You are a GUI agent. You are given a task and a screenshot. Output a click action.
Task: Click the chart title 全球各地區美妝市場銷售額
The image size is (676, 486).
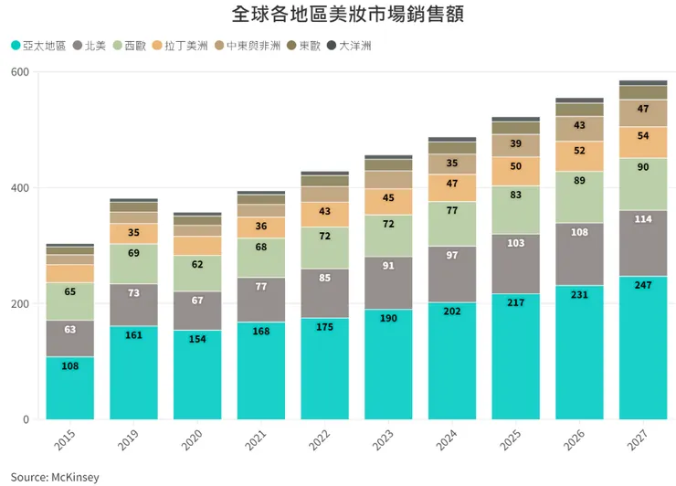click(338, 16)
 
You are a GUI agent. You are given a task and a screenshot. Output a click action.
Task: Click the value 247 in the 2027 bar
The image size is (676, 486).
click(643, 286)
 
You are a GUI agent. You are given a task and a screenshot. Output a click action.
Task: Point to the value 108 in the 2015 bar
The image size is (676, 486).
click(69, 366)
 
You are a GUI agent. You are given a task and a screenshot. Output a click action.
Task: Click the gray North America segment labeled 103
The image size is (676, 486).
click(515, 244)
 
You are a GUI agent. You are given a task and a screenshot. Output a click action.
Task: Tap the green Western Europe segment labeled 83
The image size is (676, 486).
click(515, 195)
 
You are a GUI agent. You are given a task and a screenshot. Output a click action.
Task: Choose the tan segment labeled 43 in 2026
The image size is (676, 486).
click(579, 125)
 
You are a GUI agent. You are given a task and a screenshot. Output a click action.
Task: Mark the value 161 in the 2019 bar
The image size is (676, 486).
click(133, 335)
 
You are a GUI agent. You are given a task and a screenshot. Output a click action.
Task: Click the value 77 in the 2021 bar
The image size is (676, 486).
click(260, 287)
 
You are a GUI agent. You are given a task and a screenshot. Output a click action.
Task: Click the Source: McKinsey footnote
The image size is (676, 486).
click(55, 477)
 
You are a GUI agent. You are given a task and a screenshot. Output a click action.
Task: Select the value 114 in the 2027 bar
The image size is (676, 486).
click(643, 219)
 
